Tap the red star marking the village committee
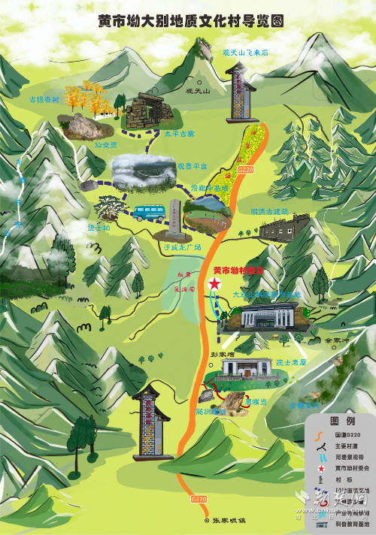coord(215,283)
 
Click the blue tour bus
coord(149,211)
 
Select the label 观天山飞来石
coord(245,53)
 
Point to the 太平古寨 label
coord(179,134)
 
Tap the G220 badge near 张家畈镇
coord(199,498)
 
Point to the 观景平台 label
coord(191,165)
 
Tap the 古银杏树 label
coord(43,99)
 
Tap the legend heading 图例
coord(340,421)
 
